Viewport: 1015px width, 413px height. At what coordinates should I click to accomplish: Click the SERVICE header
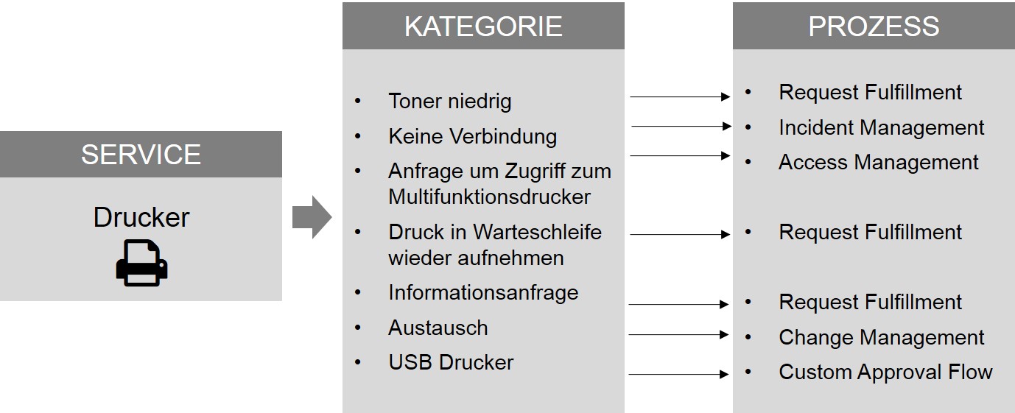pyautogui.click(x=141, y=155)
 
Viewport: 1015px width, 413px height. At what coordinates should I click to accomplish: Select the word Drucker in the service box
pyautogui.click(x=141, y=218)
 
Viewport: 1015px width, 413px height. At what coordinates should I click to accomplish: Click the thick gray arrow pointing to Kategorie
pyautogui.click(x=312, y=217)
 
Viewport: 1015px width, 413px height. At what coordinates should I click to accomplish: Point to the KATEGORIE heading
pyautogui.click(x=483, y=27)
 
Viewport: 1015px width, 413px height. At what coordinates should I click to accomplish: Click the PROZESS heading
pyautogui.click(x=874, y=27)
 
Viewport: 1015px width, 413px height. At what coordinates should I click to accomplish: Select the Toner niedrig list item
pyautogui.click(x=449, y=101)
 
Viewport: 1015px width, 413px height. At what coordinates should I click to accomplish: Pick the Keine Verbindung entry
pyautogui.click(x=472, y=136)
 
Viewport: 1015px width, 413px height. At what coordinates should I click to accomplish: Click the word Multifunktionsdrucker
pyautogui.click(x=489, y=197)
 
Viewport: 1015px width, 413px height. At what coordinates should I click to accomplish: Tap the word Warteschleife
pyautogui.click(x=537, y=232)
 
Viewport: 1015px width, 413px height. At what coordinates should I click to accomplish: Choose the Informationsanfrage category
pyautogui.click(x=483, y=293)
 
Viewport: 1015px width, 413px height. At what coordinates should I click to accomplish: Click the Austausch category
pyautogui.click(x=438, y=328)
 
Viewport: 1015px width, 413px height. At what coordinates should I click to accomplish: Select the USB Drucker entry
pyautogui.click(x=451, y=362)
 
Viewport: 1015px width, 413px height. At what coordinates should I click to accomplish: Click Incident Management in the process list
pyautogui.click(x=881, y=128)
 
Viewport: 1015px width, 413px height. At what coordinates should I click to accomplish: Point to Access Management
pyautogui.click(x=878, y=163)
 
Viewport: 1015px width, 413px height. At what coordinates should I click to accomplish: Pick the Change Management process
pyautogui.click(x=881, y=338)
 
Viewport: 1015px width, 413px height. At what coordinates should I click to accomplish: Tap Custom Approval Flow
pyautogui.click(x=885, y=373)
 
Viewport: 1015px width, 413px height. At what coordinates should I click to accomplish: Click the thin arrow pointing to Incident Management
pyautogui.click(x=681, y=127)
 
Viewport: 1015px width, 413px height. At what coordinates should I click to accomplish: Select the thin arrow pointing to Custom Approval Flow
pyautogui.click(x=678, y=375)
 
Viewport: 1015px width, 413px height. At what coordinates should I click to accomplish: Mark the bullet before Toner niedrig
pyautogui.click(x=358, y=101)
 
